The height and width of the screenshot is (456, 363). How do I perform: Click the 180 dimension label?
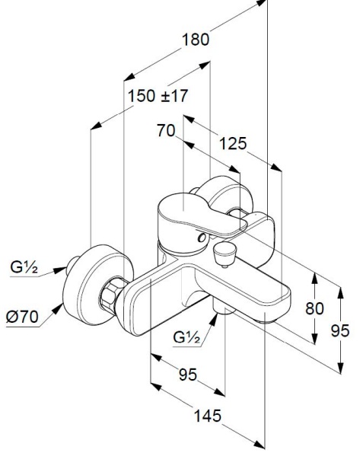coord(196,40)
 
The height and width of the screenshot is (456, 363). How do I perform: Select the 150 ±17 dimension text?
coord(158,96)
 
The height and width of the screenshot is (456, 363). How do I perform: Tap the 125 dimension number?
coord(233,143)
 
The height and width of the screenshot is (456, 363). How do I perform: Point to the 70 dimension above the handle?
coord(166,130)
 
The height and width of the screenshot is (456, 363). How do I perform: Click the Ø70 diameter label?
coord(22,317)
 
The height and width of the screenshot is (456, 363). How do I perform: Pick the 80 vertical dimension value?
coord(314,308)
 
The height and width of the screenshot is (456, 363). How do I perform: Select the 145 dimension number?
coord(208,416)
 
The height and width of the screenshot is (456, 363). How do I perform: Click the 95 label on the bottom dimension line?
coord(188,375)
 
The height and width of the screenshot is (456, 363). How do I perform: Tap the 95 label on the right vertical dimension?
coord(340,330)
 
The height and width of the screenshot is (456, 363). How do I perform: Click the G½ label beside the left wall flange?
coord(24,267)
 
